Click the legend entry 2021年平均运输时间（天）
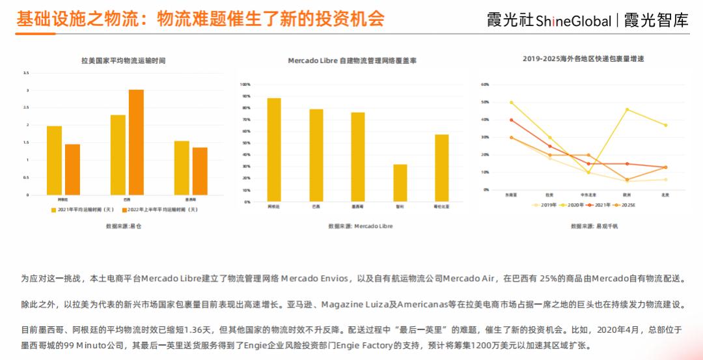(x=83, y=210)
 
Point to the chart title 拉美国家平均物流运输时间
(x=123, y=61)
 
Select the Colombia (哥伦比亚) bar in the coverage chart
(x=441, y=168)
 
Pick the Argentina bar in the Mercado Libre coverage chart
(x=274, y=150)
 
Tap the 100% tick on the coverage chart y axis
(x=246, y=85)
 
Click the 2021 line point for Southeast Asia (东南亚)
(x=511, y=120)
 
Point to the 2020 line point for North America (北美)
(x=665, y=125)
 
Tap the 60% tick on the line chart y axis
(x=484, y=85)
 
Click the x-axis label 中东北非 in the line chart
(x=588, y=195)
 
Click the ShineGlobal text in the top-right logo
(x=573, y=21)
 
